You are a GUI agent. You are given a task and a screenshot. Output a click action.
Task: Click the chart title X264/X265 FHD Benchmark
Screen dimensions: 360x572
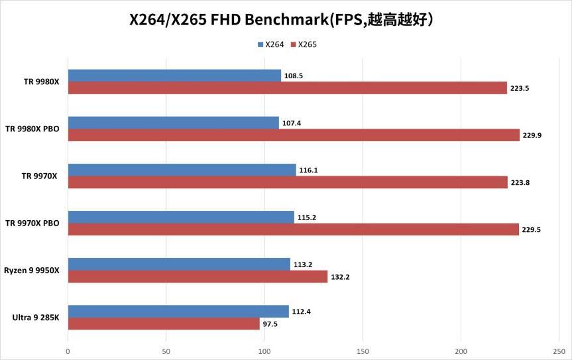click(282, 19)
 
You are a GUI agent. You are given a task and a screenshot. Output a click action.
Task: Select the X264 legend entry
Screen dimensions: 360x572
click(271, 44)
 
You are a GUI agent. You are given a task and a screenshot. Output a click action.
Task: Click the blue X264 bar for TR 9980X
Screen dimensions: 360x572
click(174, 76)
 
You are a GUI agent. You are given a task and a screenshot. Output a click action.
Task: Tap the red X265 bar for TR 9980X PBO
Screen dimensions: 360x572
click(294, 135)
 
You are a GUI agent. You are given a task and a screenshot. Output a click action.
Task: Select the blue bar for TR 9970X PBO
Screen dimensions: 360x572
click(181, 217)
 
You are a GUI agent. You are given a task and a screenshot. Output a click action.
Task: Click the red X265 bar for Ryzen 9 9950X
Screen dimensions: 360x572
click(198, 276)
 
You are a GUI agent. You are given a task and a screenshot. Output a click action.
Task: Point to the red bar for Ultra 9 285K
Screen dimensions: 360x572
click(164, 324)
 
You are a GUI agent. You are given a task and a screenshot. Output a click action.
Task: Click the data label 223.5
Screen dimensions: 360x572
click(520, 88)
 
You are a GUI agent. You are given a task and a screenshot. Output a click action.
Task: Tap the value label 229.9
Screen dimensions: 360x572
click(532, 135)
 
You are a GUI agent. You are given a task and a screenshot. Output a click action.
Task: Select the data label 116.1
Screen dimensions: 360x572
click(308, 170)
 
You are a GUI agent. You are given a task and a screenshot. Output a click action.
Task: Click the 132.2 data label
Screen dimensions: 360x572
click(339, 277)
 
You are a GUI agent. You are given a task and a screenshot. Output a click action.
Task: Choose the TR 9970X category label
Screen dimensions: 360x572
click(40, 176)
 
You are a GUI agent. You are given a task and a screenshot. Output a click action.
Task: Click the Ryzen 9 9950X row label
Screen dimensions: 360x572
click(32, 270)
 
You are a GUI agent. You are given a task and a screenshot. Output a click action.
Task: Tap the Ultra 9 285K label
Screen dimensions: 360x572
click(36, 318)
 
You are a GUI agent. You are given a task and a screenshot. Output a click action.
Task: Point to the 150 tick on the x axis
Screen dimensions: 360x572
click(363, 351)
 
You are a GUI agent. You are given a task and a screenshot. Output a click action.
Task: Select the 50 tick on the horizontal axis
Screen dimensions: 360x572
click(166, 351)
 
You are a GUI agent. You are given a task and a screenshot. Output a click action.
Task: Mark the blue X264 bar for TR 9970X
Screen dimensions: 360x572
click(182, 170)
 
